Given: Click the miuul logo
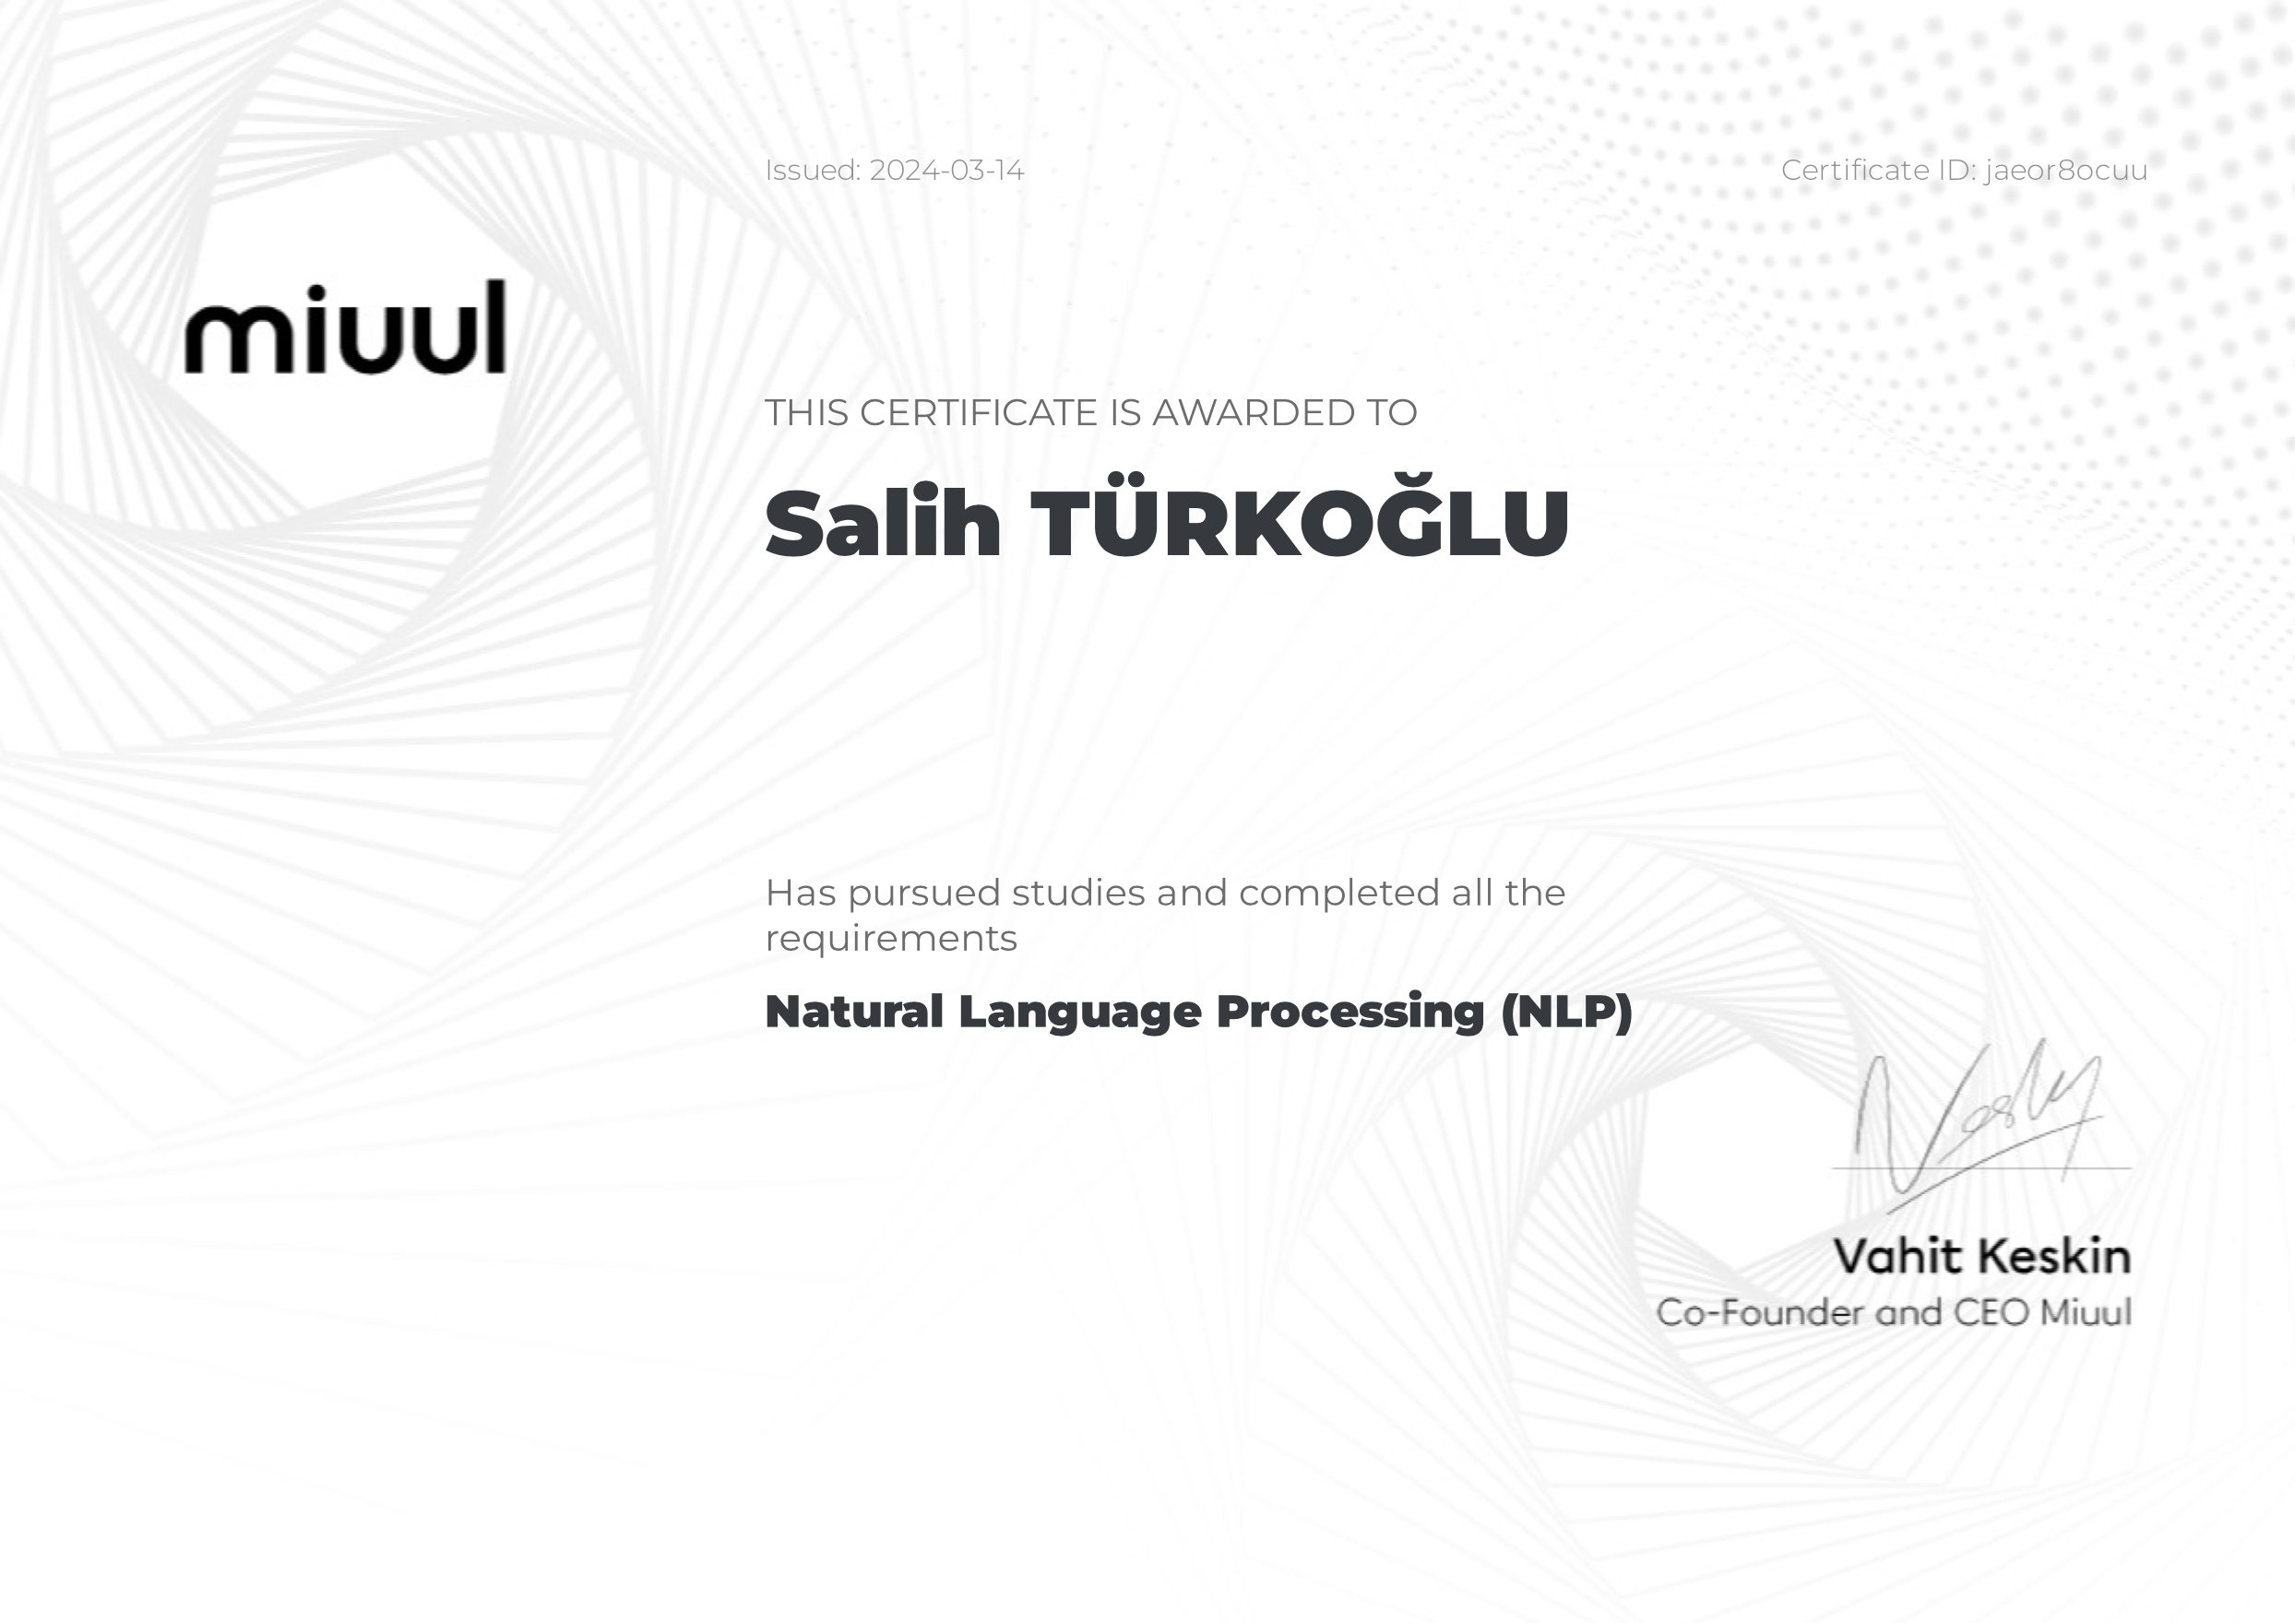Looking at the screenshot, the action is (345, 326).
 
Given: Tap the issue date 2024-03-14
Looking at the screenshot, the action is (946, 170).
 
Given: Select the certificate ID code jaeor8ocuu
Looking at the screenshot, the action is (2066, 171).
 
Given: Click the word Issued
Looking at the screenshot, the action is (813, 170).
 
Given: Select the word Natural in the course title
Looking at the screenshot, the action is (854, 1012).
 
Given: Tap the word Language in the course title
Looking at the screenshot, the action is (1080, 1013).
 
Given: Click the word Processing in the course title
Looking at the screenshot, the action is (1350, 1013).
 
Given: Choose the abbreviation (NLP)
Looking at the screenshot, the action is (1566, 1012).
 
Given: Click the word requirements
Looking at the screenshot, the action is (892, 940).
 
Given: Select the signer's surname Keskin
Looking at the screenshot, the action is (2055, 1256).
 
